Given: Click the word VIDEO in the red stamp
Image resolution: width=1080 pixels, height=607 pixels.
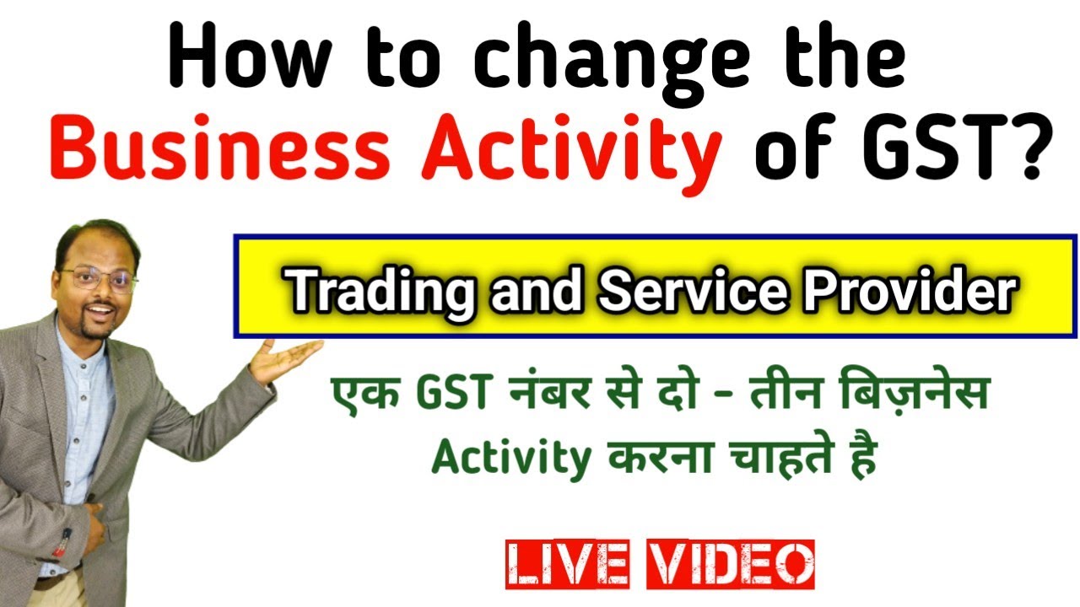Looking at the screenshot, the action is (731, 564).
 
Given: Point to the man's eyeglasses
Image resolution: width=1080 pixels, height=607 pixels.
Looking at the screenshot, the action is (99, 280).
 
